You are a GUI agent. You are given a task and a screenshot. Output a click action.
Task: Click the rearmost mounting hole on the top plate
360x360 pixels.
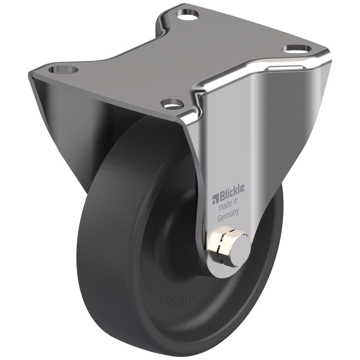point(188,15)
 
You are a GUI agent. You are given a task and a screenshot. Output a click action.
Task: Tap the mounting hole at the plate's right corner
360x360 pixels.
point(297,49)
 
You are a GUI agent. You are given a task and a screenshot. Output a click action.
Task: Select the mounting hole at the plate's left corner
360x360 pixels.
point(63,69)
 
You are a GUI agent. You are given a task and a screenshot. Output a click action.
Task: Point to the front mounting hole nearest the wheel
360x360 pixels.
point(172,104)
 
